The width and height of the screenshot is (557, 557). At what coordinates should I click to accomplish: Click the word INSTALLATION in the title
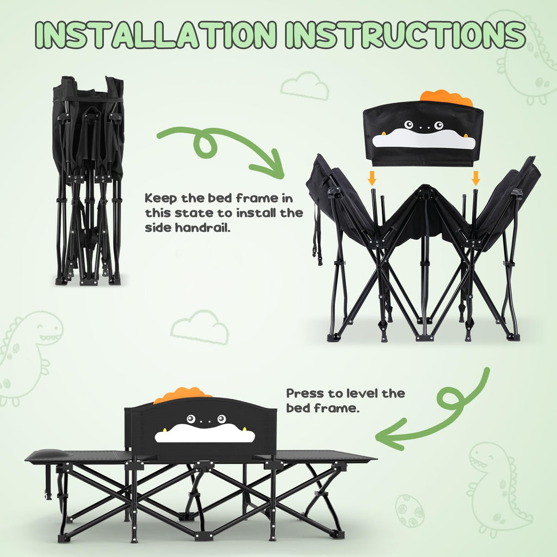coord(156,34)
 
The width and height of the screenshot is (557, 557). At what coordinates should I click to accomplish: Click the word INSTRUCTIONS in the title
coord(405,34)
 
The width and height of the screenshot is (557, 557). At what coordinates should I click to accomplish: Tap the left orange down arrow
coord(372,178)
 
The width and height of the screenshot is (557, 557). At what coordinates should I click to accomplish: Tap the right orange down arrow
coord(475,178)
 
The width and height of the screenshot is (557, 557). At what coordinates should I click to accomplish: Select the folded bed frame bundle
coord(89,181)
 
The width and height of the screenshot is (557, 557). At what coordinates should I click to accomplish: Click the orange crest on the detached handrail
coord(447,97)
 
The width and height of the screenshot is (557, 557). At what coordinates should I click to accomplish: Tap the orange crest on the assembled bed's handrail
coord(182,395)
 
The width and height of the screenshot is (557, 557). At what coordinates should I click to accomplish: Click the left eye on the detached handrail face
coord(409,125)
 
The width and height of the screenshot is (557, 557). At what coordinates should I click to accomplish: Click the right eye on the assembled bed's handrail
coord(222,419)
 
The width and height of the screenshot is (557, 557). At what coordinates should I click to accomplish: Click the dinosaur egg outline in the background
coord(410,510)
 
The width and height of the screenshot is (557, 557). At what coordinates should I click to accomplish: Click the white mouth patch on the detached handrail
coord(423,139)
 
